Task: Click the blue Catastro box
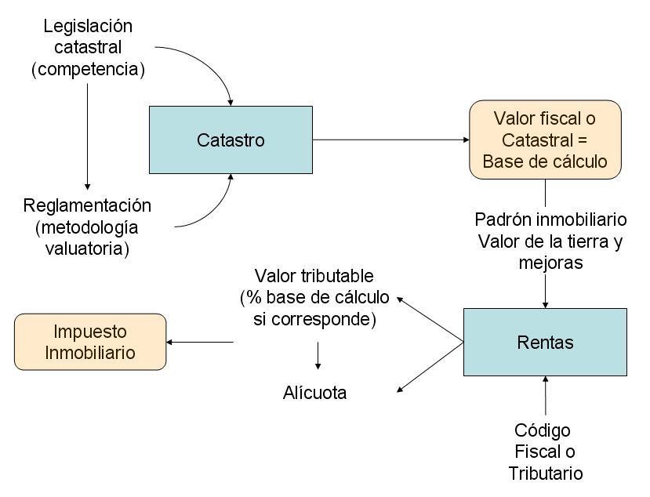point(231,140)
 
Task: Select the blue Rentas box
point(545,343)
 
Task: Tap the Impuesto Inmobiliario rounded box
point(90,342)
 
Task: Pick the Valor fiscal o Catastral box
point(545,140)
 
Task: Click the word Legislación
point(88,26)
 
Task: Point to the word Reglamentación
point(87,205)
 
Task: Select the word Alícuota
point(314,393)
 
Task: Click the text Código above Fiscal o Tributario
point(543,430)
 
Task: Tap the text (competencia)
point(88,69)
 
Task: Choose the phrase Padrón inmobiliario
point(551,219)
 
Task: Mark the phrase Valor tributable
point(314,276)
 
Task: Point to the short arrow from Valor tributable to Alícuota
point(318,355)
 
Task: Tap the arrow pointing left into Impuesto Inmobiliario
point(201,342)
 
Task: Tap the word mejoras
point(550,263)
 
